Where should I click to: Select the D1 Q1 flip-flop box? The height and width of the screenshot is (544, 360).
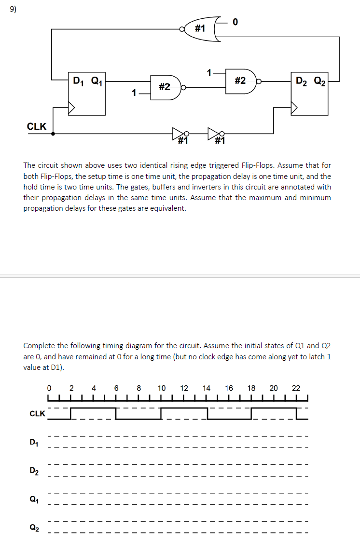[x=87, y=94]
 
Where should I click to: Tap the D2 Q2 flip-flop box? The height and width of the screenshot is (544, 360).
[x=309, y=94]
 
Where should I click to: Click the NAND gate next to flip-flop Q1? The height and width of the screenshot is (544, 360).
[x=166, y=87]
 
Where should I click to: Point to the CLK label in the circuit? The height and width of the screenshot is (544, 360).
[x=37, y=127]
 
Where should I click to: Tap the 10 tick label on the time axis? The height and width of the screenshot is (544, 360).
[x=162, y=388]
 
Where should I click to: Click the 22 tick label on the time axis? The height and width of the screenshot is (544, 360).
[x=296, y=388]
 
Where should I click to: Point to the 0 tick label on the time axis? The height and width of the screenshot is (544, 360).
[x=49, y=388]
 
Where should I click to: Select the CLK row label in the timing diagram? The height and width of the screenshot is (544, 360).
[x=37, y=414]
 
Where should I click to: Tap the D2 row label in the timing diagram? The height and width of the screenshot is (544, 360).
[x=34, y=470]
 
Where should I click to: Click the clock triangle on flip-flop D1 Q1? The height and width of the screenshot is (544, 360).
[x=72, y=108]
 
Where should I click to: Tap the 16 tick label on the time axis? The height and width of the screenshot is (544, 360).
[x=229, y=388]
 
